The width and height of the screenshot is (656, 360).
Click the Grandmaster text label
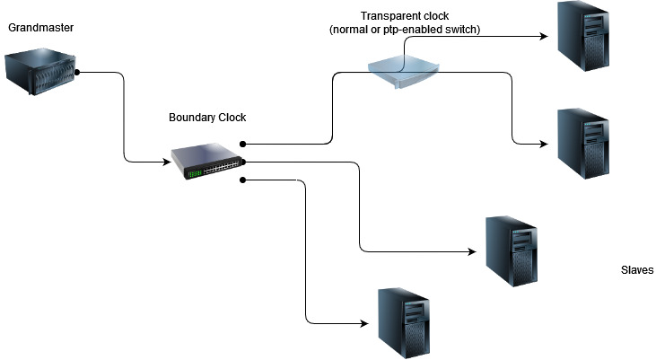coord(40,28)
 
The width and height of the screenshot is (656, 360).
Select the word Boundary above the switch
coord(190,119)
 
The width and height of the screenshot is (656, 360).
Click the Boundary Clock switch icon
coord(208,161)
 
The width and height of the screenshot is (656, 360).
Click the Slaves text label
coord(637,270)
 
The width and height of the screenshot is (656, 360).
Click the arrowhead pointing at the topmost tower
coord(542,37)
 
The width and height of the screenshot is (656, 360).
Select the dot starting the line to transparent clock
coord(243,143)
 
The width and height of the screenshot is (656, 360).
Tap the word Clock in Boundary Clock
coord(230,119)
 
